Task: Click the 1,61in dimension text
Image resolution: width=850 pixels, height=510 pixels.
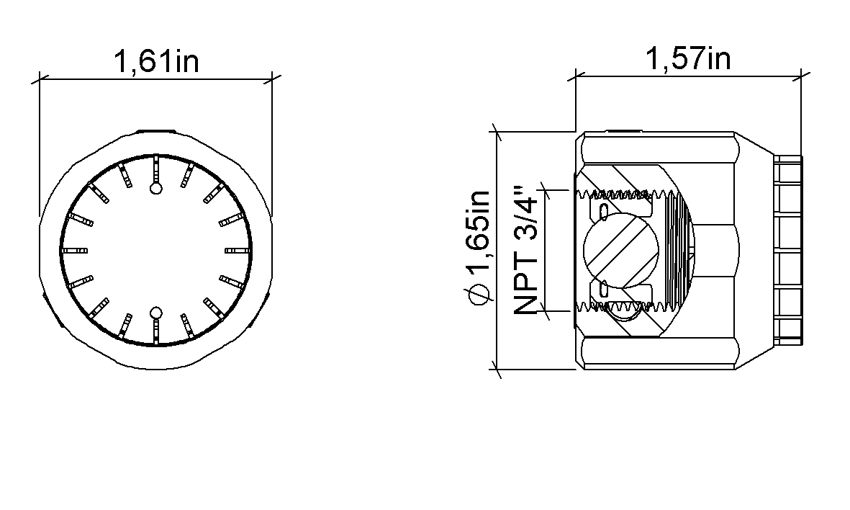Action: [x=156, y=61]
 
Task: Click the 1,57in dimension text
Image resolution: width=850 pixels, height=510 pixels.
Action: [x=688, y=58]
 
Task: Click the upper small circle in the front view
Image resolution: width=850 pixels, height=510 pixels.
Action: [x=156, y=188]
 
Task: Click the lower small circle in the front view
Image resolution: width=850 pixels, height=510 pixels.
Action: [x=156, y=313]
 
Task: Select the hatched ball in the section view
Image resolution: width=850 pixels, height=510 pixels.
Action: [x=620, y=250]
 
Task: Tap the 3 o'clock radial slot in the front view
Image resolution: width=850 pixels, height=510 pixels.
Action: [x=238, y=250]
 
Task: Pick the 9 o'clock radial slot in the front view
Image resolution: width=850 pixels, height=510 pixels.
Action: [x=75, y=250]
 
